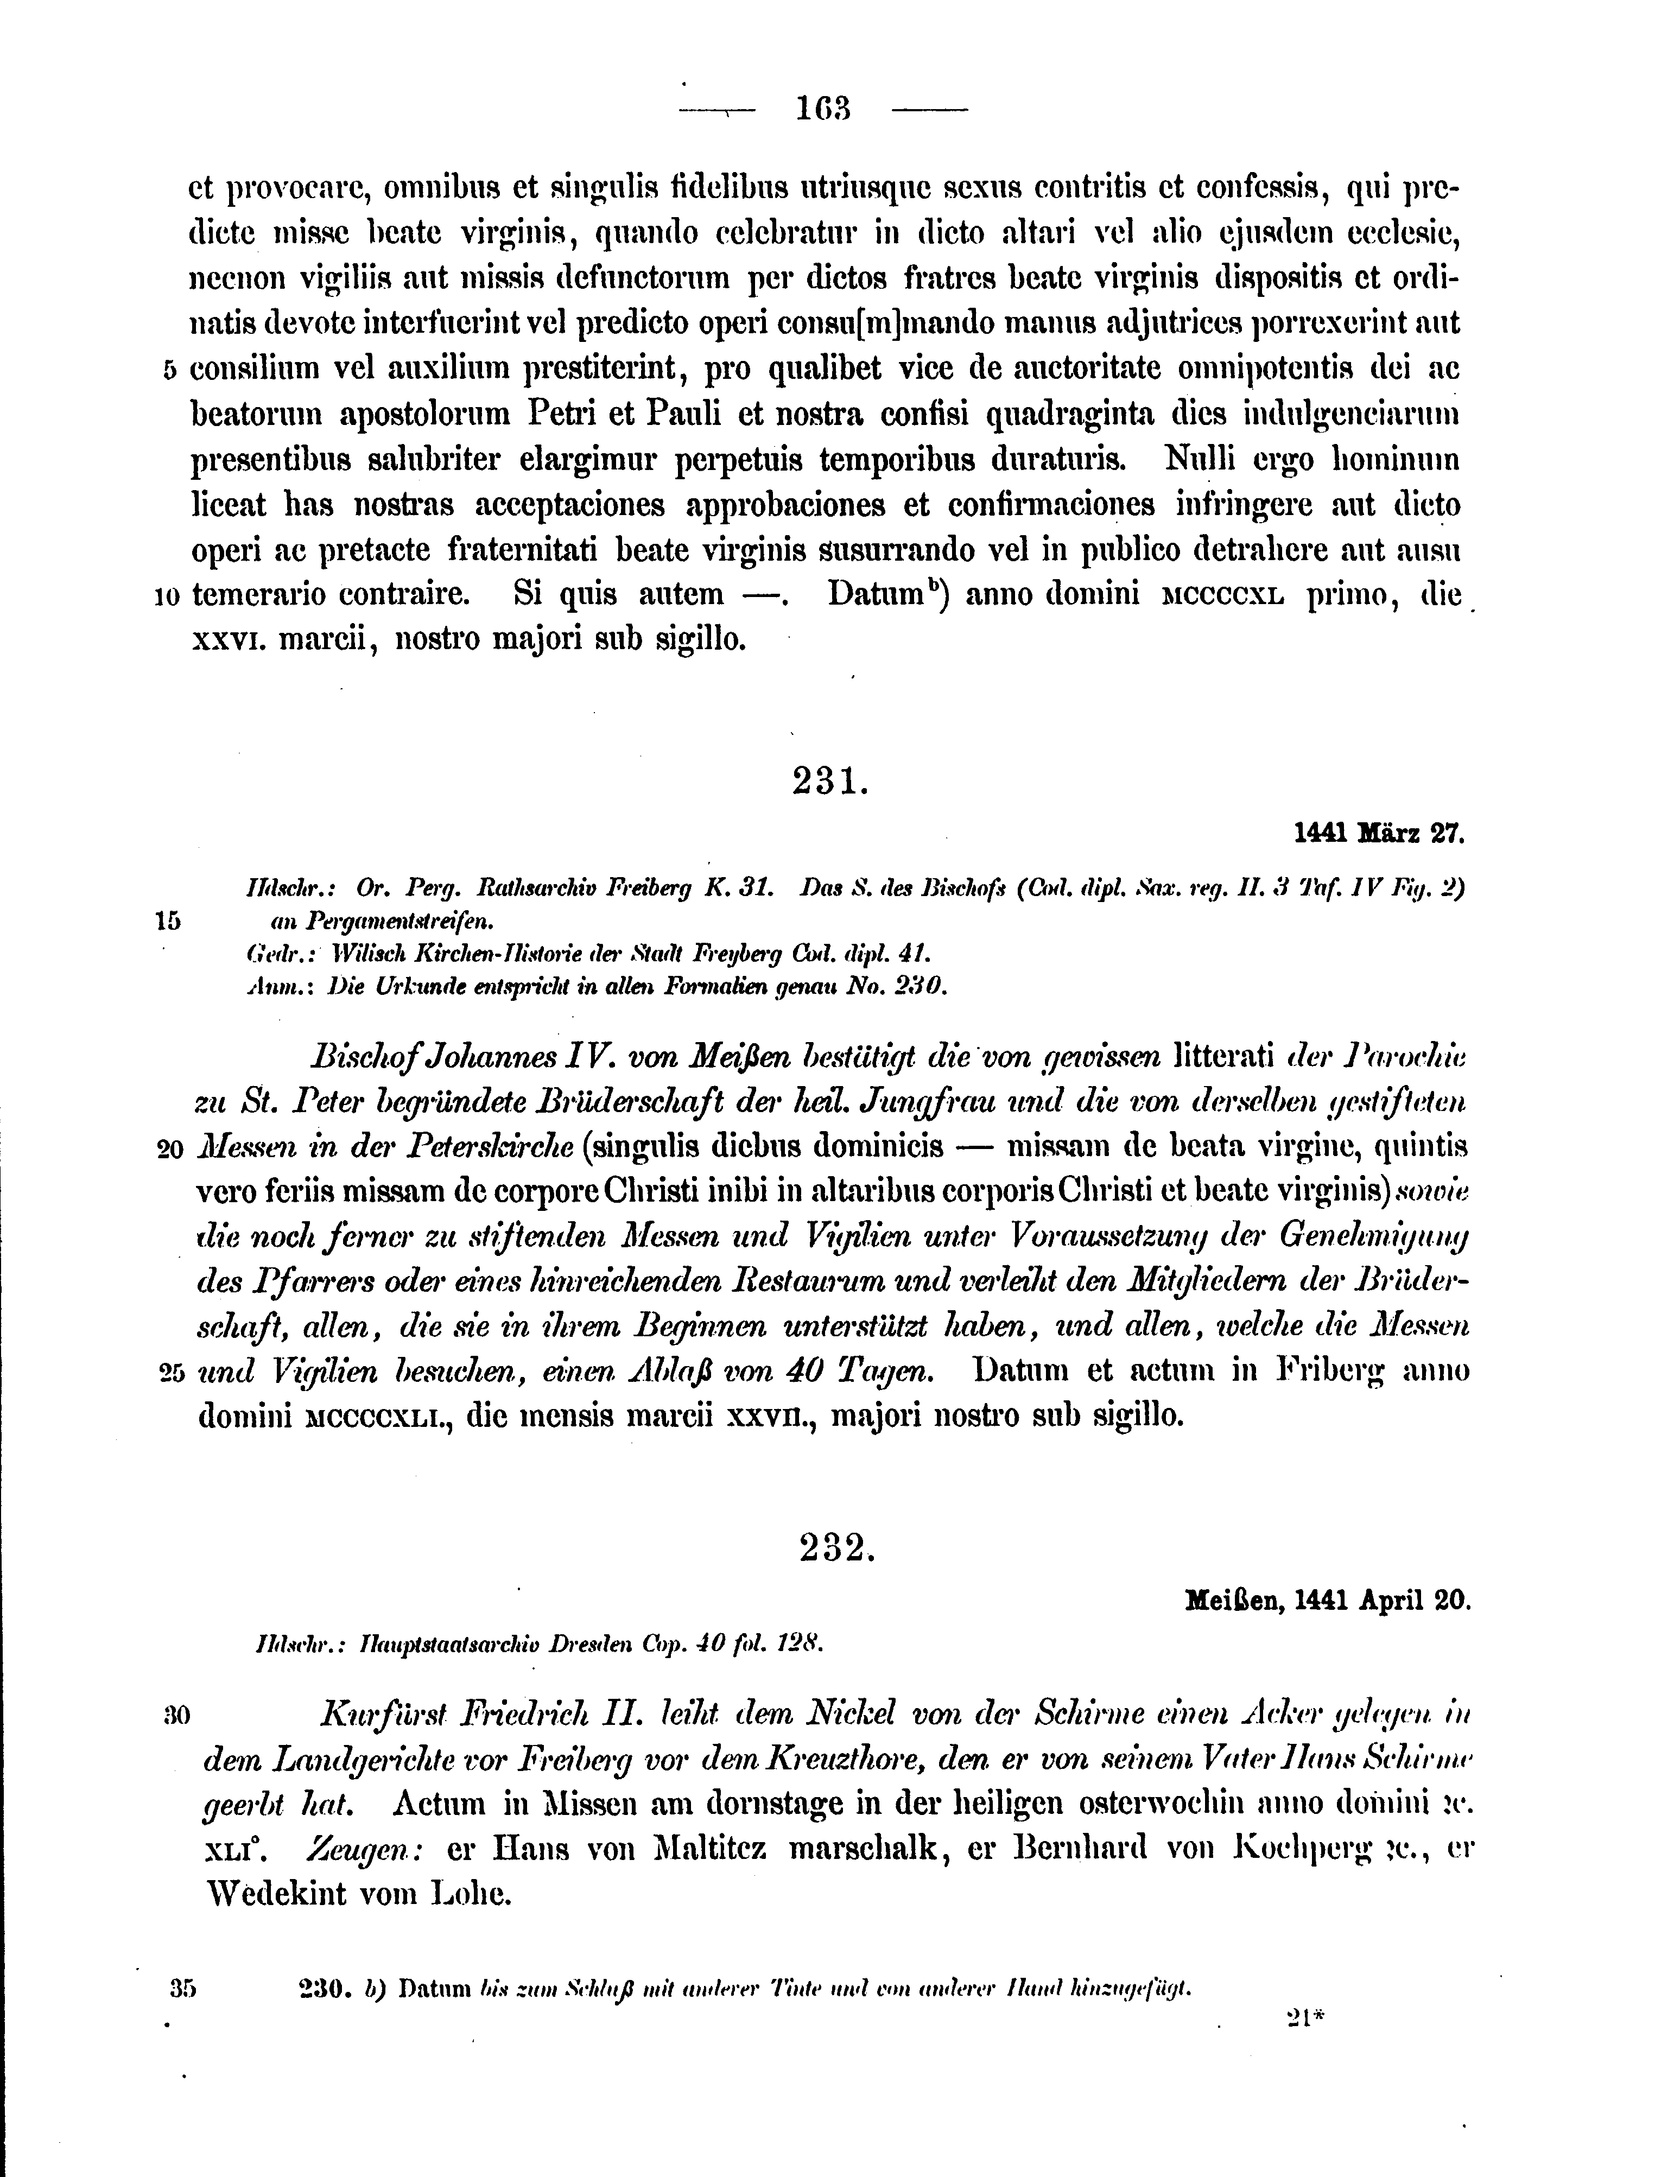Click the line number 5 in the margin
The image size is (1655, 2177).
coord(168,370)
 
